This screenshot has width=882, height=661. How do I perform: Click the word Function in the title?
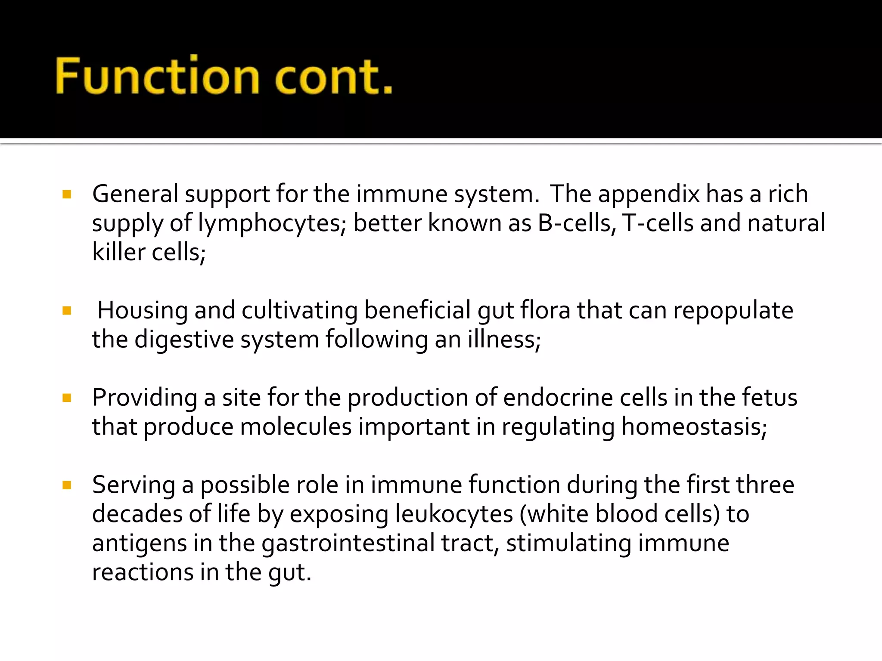click(158, 77)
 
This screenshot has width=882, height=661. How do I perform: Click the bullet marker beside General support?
click(67, 195)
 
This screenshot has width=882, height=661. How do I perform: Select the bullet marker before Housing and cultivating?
click(67, 311)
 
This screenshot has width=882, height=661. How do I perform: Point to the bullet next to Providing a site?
click(67, 398)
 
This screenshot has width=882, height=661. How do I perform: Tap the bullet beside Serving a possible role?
click(67, 485)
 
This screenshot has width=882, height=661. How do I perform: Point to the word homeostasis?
click(694, 427)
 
